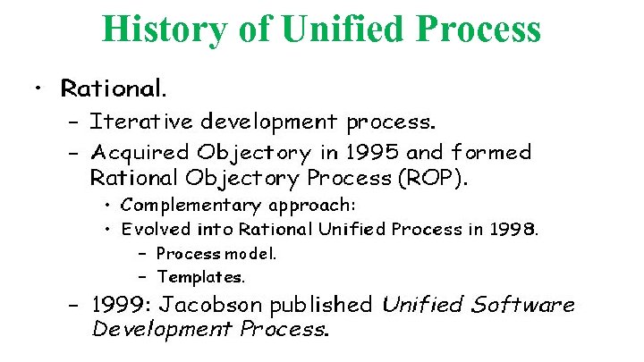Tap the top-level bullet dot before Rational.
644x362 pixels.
pyautogui.click(x=36, y=88)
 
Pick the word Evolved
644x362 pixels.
pyautogui.click(x=151, y=229)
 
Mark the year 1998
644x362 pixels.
pyautogui.click(x=515, y=229)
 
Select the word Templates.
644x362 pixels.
pyautogui.click(x=200, y=276)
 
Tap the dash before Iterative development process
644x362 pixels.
pyautogui.click(x=73, y=120)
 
